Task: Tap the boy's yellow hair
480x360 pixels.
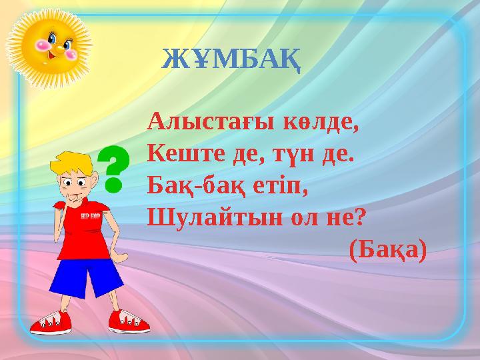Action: tap(73, 163)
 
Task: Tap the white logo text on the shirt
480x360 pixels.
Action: tap(90, 217)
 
